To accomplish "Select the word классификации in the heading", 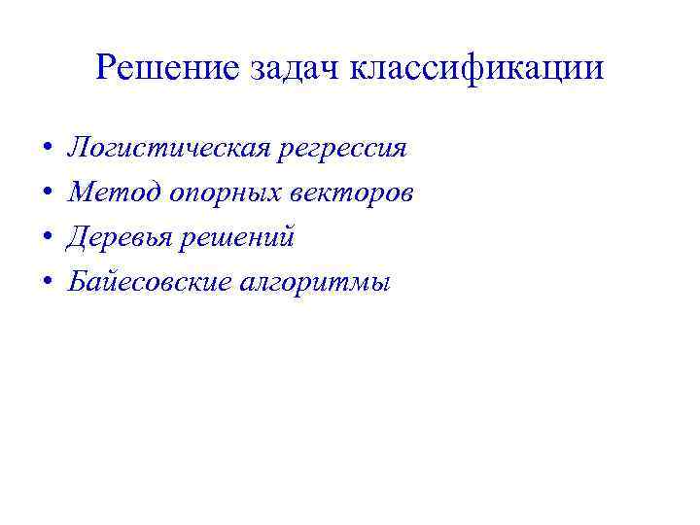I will [x=475, y=68].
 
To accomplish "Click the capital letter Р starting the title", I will [x=107, y=67].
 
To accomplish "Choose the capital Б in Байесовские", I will [x=76, y=282].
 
